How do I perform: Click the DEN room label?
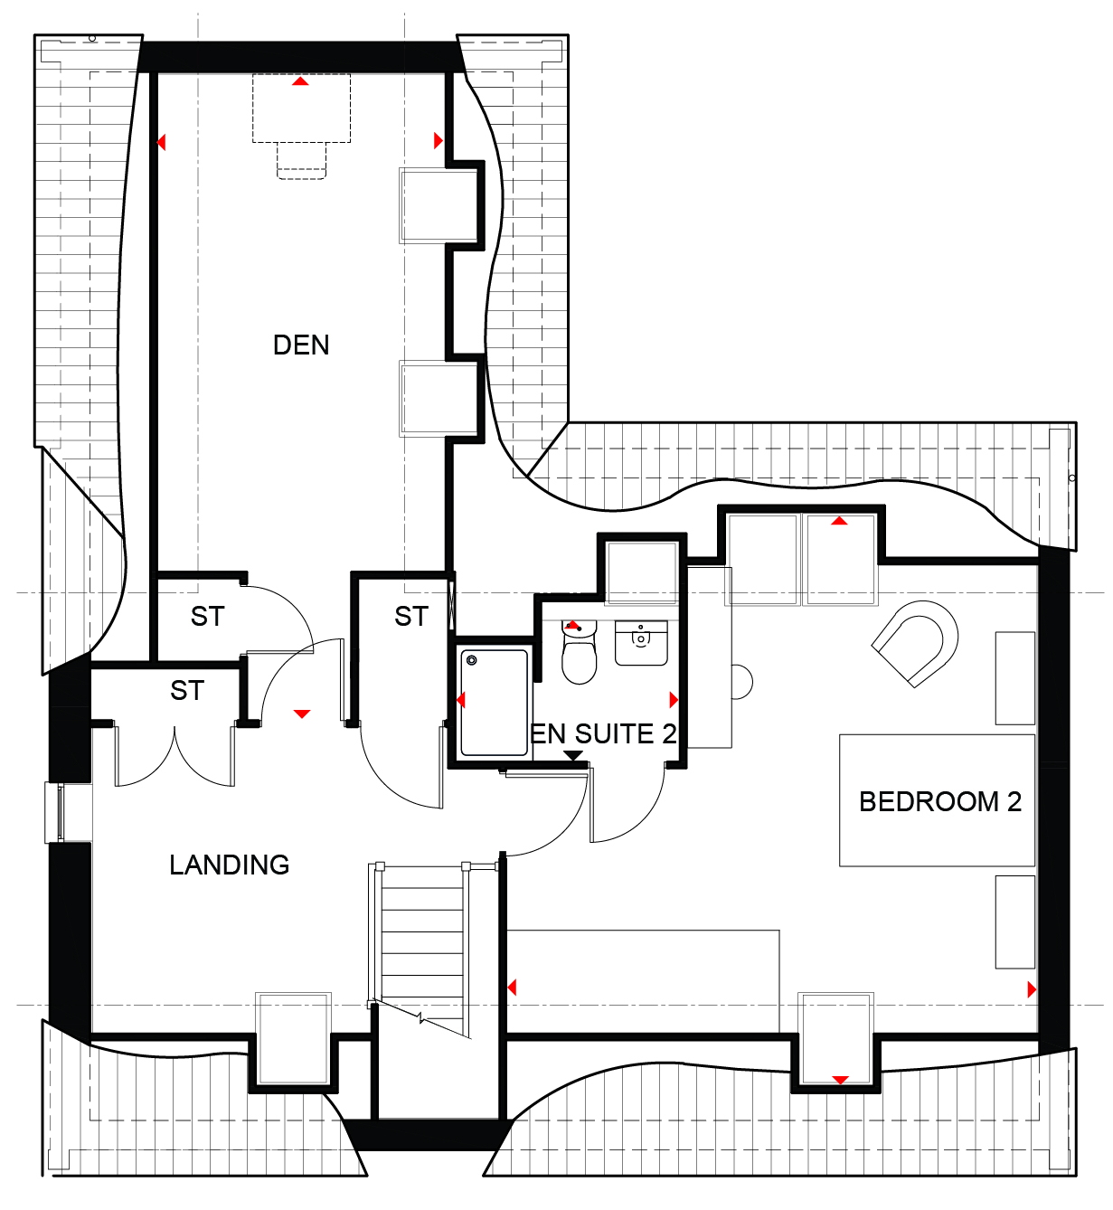[x=301, y=345]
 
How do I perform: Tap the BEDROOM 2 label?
[x=940, y=801]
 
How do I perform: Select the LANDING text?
[x=230, y=865]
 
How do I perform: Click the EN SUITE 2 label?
[x=603, y=734]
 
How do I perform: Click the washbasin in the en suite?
[x=641, y=643]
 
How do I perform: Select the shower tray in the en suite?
[x=494, y=703]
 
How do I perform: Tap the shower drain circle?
[x=472, y=660]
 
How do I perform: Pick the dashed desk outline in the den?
[x=301, y=109]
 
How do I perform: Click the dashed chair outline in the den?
[x=301, y=161]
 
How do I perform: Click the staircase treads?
[x=422, y=951]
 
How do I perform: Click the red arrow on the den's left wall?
[x=161, y=142]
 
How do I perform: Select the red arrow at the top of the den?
[x=300, y=80]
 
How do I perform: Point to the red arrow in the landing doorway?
[x=302, y=714]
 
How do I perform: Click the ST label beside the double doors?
[x=187, y=691]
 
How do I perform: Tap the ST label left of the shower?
[x=411, y=617]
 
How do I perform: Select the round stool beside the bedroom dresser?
[x=742, y=682]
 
